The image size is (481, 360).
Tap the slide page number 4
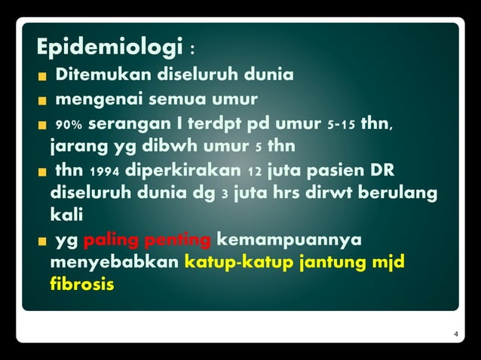point(455,334)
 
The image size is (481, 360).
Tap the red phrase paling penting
point(147,240)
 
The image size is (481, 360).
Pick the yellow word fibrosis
point(82,286)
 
